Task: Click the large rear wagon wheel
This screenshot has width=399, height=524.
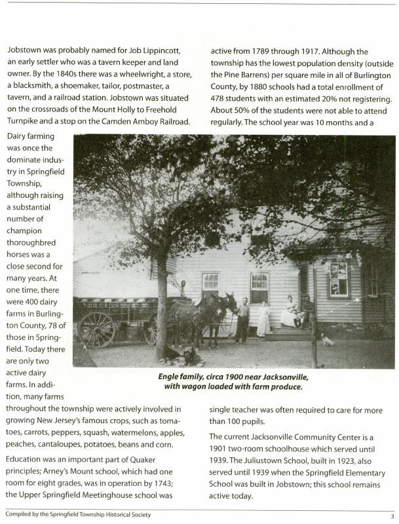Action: [x=97, y=329]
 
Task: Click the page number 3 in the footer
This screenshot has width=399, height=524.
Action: [x=391, y=515]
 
